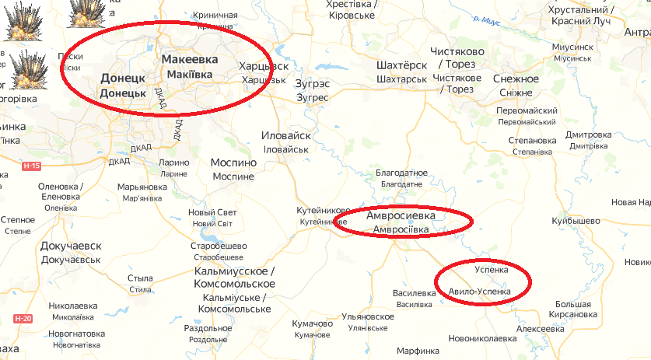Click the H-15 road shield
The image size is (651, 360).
(31, 166)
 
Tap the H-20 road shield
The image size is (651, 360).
(23, 319)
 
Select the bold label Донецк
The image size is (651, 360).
(123, 79)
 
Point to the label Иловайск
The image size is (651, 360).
(286, 135)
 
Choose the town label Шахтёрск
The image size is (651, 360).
(401, 65)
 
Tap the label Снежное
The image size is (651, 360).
(516, 79)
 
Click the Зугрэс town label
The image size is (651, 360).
(313, 83)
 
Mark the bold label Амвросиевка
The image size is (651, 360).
(401, 215)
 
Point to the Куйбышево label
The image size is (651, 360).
(576, 222)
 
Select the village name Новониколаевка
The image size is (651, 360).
(482, 339)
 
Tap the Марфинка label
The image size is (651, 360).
(417, 351)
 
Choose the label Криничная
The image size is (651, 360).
(206, 16)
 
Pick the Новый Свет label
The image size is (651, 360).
(212, 212)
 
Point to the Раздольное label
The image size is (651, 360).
(208, 328)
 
